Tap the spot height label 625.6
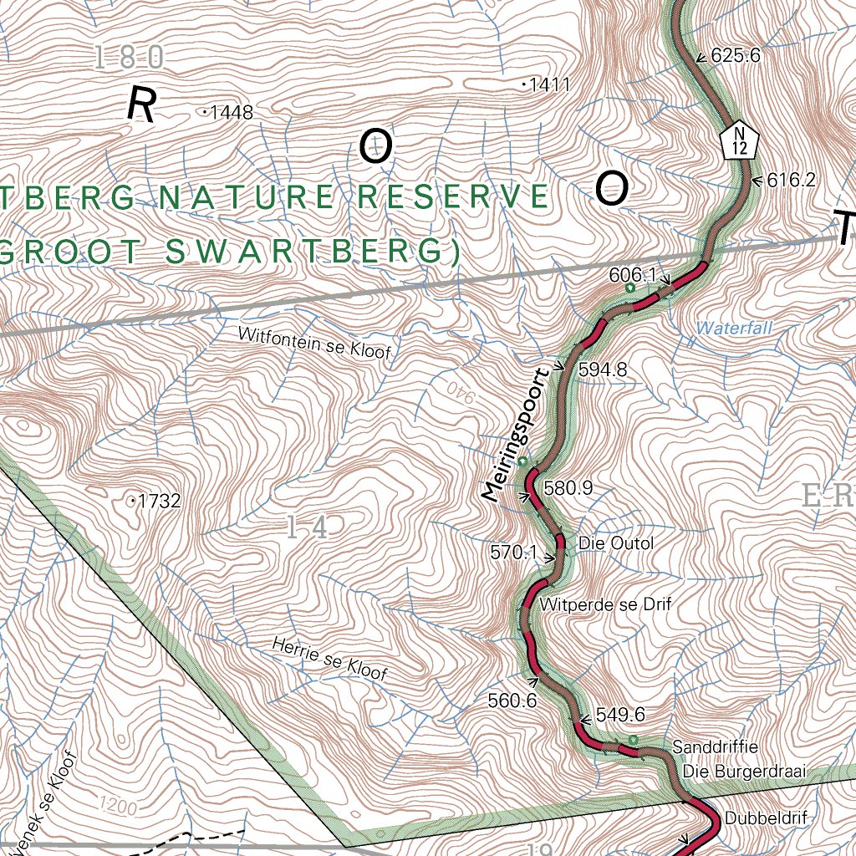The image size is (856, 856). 735,57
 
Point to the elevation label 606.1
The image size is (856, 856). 633,274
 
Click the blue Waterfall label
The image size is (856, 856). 734,329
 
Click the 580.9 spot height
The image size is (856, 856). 568,488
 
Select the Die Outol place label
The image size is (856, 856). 616,544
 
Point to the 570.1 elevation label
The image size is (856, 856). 512,552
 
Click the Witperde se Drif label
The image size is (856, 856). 605,604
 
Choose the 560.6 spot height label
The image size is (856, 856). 512,701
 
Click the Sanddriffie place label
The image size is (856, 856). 715,746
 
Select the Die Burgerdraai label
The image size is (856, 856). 743,771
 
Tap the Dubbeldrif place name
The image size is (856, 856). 767,818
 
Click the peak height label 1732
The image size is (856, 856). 159,502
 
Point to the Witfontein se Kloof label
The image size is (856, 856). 314,344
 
